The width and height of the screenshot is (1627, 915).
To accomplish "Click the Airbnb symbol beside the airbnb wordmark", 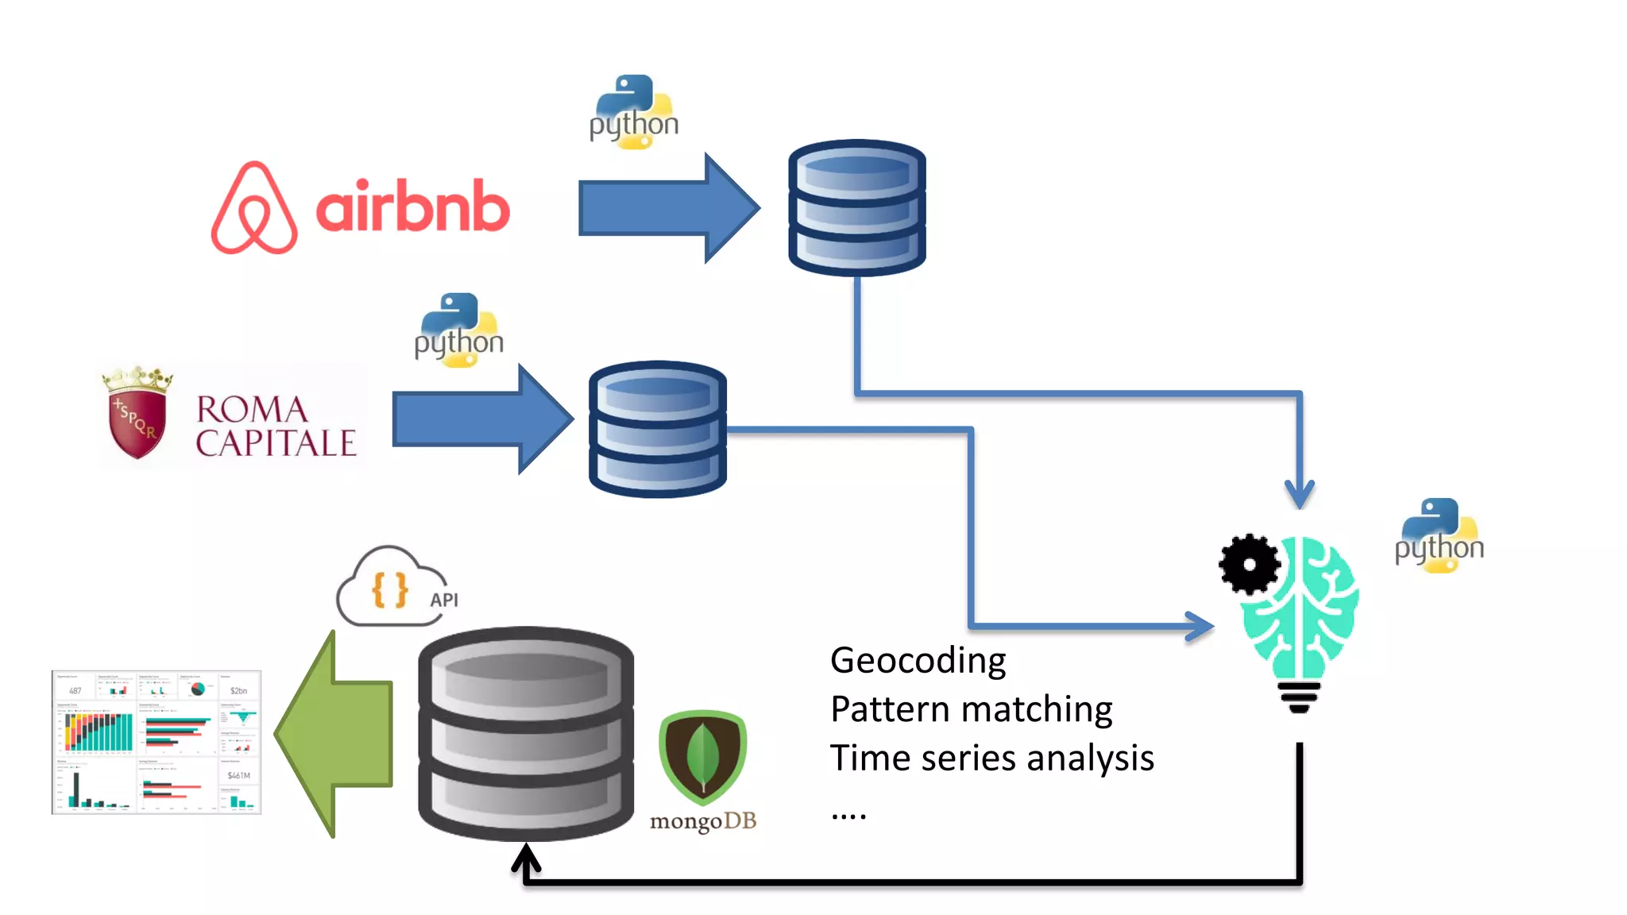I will (254, 208).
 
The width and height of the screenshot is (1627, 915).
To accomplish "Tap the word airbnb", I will (412, 207).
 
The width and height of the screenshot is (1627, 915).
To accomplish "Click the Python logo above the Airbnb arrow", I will (634, 113).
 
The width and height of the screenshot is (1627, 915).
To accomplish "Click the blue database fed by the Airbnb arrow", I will (856, 208).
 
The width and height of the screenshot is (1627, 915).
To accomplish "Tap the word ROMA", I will (252, 410).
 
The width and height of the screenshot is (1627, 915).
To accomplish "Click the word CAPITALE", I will (276, 444).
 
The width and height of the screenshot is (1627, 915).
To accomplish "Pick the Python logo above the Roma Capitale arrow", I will (459, 330).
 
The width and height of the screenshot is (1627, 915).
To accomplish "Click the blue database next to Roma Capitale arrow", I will (657, 429).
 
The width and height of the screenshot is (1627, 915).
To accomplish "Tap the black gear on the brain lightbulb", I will (1250, 565).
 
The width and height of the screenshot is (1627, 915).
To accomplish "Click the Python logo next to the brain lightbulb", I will (1439, 536).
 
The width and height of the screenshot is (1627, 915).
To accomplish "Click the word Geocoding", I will (918, 661).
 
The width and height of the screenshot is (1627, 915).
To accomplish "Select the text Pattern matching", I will (971, 709).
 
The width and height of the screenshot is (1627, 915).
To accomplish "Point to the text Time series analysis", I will (991, 758).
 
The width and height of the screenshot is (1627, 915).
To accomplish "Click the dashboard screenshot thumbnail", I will (157, 742).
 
